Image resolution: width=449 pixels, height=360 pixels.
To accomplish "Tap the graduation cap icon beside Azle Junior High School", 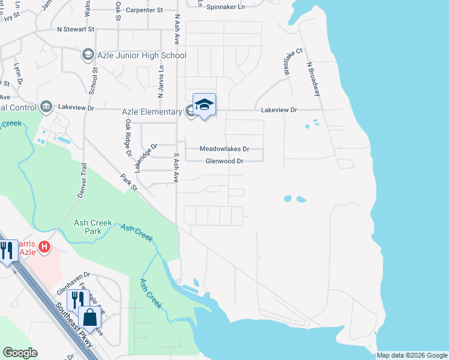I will [x=88, y=56].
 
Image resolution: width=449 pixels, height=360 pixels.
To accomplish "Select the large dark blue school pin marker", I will [x=204, y=104].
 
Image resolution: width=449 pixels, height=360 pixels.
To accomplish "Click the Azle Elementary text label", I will [x=152, y=112].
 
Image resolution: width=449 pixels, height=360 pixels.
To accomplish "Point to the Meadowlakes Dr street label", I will [x=224, y=149].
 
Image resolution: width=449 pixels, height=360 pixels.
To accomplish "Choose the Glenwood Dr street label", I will [x=224, y=161].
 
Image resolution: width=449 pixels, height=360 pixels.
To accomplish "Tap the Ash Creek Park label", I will [x=92, y=227].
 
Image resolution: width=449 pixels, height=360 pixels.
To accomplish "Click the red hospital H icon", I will [x=44, y=247].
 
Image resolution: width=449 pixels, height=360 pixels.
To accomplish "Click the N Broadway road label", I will [x=314, y=79].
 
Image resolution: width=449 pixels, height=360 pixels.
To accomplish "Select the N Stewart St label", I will [x=76, y=29].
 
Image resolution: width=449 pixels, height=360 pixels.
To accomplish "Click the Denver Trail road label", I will [x=82, y=181].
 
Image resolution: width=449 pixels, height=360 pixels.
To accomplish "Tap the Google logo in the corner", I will [x=20, y=353].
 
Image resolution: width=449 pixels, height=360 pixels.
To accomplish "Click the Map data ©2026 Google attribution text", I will [x=412, y=355].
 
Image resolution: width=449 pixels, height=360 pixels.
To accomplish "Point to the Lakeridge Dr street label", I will [x=145, y=158].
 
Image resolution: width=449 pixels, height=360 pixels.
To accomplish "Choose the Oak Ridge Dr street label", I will [x=128, y=137].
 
